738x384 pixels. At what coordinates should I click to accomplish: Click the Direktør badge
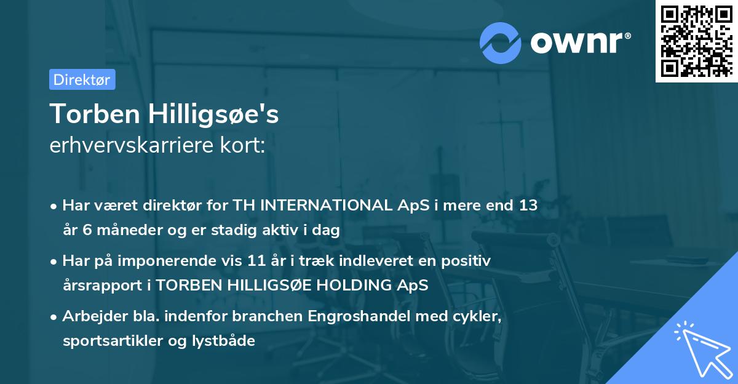tap(82, 79)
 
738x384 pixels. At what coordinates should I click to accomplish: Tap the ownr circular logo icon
tap(501, 42)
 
